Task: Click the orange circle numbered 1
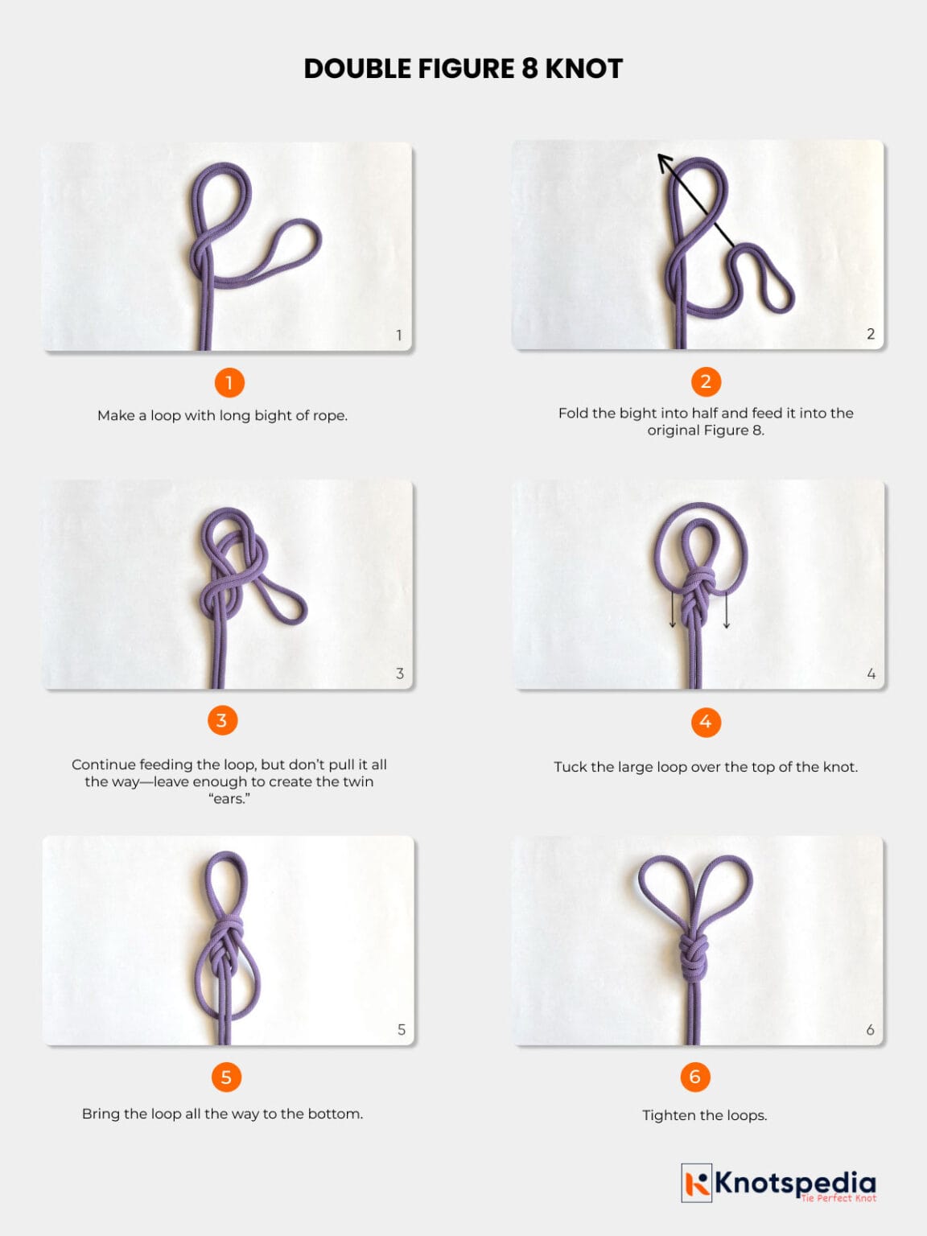[229, 383]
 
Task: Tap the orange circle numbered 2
[706, 381]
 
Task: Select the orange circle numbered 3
[222, 720]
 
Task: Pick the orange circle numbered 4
[706, 722]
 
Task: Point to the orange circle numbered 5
[226, 1077]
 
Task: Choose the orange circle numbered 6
[695, 1077]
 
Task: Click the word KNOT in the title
[584, 69]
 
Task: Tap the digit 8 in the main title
[529, 69]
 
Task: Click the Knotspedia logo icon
[697, 1183]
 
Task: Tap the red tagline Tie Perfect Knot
[838, 1198]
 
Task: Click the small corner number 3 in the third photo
[400, 674]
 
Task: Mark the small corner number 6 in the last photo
[870, 1030]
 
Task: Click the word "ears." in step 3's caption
[229, 799]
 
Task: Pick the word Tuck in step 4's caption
[570, 767]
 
